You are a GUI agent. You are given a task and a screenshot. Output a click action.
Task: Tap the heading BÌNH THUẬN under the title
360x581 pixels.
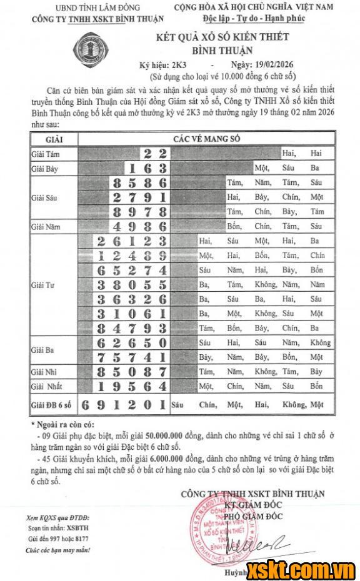[x=222, y=50]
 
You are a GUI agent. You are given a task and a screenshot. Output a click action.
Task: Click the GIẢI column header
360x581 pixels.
[x=54, y=139]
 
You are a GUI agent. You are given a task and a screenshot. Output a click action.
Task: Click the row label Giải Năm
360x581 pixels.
[x=46, y=227]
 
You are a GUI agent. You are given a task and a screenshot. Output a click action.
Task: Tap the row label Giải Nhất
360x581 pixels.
[x=47, y=386]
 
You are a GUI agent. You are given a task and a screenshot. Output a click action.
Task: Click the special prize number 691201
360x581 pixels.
[x=124, y=405]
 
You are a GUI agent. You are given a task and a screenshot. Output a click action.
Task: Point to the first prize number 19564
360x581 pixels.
[x=132, y=386]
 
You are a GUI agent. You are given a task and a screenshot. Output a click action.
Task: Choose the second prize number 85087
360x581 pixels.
[x=132, y=372]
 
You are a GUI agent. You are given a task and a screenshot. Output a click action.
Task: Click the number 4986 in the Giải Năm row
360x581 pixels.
[x=140, y=226]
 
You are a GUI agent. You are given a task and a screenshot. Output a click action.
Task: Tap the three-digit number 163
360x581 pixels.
[x=147, y=169]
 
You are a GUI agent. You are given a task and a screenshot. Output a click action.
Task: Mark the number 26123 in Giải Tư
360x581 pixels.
[x=132, y=241]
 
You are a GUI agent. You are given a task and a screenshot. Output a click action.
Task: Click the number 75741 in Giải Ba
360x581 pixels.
[x=132, y=357]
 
